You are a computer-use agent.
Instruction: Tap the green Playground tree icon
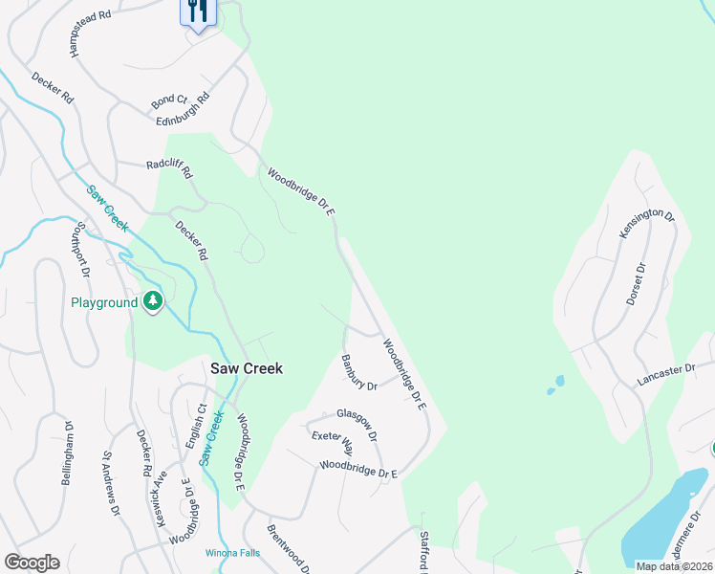pos(153,302)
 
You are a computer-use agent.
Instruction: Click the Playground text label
pos(105,303)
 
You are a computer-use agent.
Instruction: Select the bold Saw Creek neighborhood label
pos(247,368)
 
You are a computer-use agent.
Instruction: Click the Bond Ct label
pos(169,99)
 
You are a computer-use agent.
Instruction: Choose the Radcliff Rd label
pos(169,169)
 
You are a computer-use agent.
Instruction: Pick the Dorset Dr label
pos(637,285)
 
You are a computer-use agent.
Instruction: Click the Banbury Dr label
pos(359,373)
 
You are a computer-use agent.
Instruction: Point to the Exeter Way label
pos(332,443)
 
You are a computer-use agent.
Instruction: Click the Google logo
pos(32,563)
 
